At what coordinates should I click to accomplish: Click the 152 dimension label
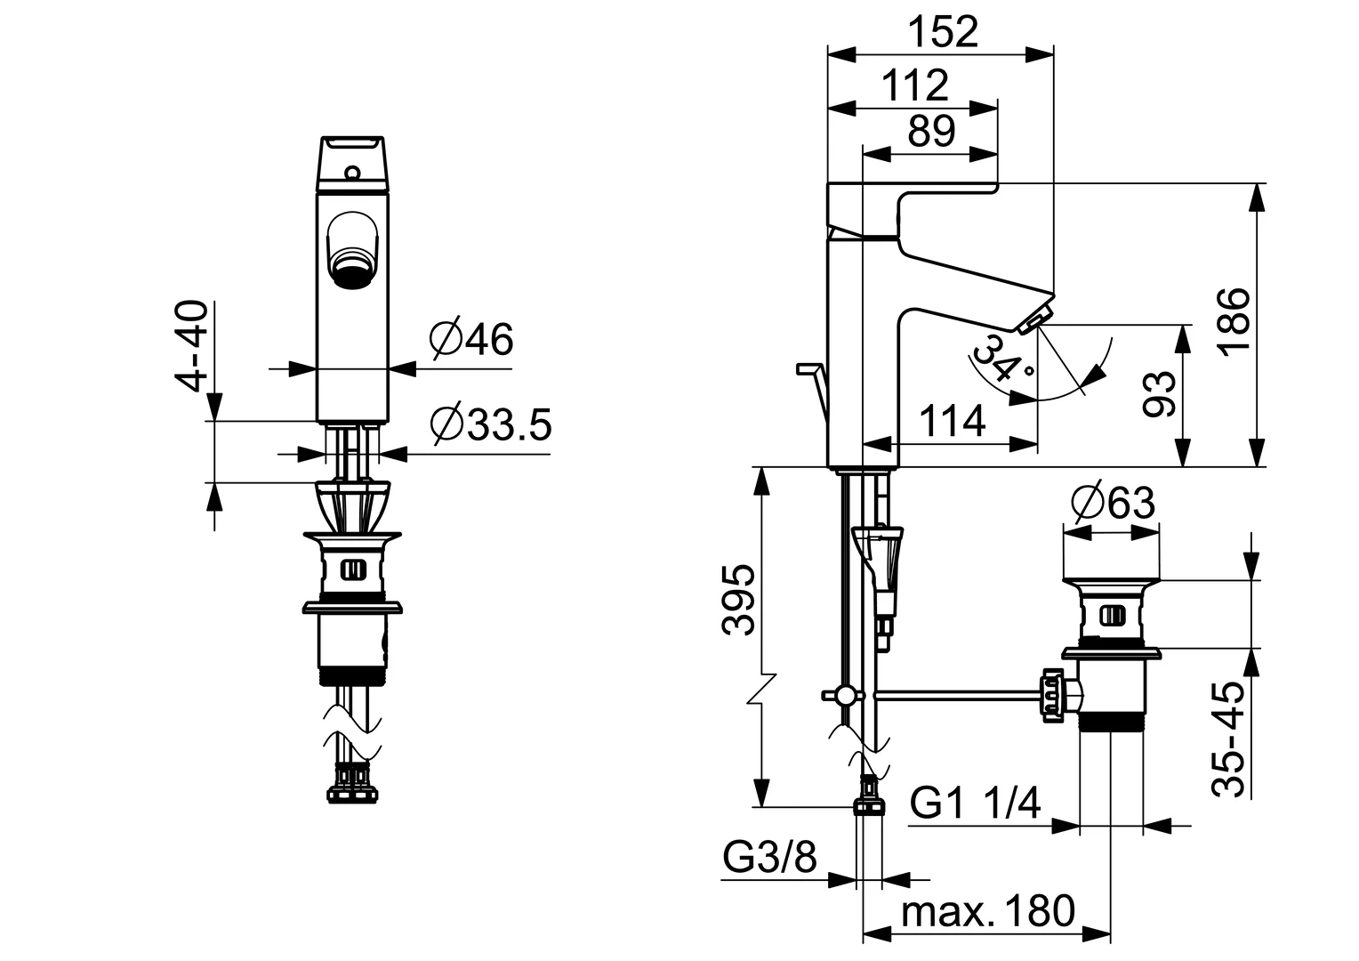pos(943,32)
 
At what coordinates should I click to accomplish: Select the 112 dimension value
pos(916,85)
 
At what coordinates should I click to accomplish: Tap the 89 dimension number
pos(931,131)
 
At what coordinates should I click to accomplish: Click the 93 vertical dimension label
pos(1161,393)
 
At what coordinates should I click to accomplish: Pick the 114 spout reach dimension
pos(951,421)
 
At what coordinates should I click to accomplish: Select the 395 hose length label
pos(739,599)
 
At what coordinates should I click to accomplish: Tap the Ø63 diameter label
pos(1113,503)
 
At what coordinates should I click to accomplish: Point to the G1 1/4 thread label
pos(975,804)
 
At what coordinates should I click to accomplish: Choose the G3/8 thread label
pos(769,859)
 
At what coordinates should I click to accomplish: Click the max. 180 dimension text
pos(987,912)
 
